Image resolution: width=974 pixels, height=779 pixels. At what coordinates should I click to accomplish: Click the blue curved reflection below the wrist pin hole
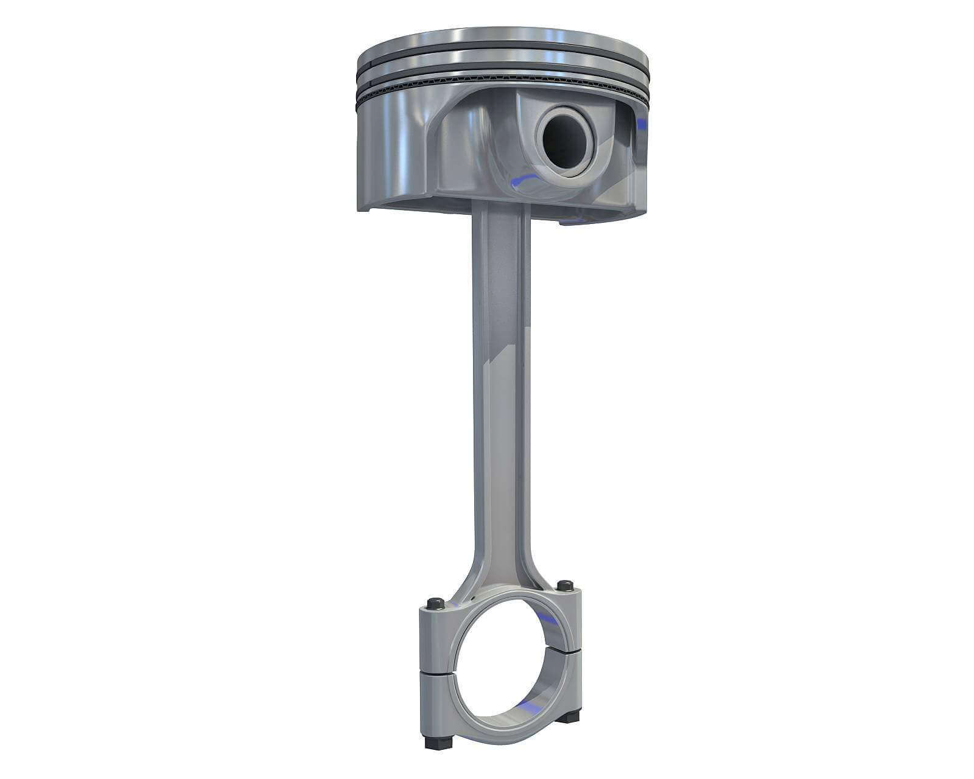(x=522, y=178)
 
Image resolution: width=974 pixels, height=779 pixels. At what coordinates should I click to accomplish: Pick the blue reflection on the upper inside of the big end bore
(x=549, y=619)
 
